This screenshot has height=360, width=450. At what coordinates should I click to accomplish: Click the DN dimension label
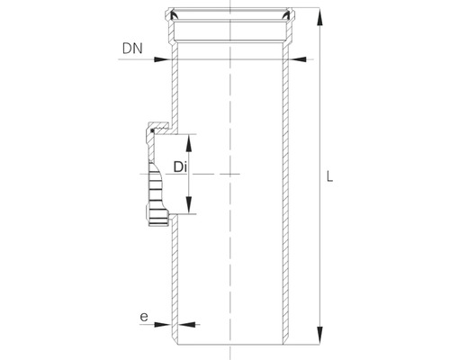(132, 44)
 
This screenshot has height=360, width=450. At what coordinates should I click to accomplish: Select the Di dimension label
(179, 167)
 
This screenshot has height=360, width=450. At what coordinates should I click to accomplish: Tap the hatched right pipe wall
(286, 198)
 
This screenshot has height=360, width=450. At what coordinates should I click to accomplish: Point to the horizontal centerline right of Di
(229, 173)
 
